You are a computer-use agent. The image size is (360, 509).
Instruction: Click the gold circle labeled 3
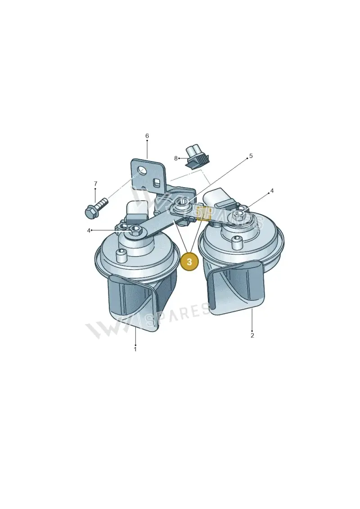[189, 261]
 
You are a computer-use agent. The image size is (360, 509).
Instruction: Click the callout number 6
[147, 136]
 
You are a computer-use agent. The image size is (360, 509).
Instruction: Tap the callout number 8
[176, 158]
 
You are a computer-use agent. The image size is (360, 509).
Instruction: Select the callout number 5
[251, 156]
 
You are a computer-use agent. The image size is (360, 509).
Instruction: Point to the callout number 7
[95, 184]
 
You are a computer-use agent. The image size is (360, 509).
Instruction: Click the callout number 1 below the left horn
[135, 349]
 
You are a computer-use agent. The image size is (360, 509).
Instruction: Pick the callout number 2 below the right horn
[252, 335]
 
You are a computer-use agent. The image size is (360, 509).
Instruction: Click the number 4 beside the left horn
[89, 230]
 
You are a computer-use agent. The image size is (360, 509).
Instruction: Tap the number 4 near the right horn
[272, 191]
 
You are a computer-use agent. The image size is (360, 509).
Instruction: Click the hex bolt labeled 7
[94, 208]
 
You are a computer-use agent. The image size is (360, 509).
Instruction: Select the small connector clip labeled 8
[197, 158]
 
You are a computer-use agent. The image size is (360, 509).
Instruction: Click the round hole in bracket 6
[142, 169]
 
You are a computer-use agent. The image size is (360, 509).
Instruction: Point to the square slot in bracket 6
[157, 182]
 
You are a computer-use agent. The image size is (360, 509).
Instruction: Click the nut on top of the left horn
[135, 230]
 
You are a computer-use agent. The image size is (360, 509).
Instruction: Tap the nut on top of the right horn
[239, 214]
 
